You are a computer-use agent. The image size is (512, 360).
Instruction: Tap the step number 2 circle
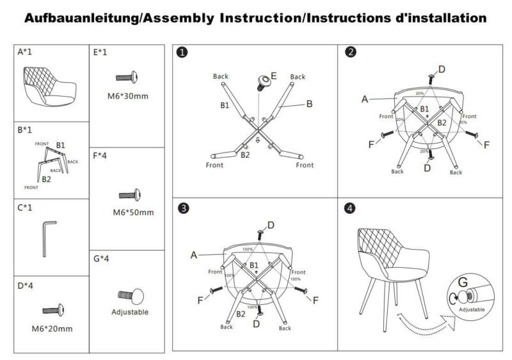tap(351, 53)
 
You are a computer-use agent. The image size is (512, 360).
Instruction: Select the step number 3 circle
tap(184, 209)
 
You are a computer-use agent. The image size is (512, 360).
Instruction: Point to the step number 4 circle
tap(349, 209)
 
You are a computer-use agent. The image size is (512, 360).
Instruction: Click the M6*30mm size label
tap(127, 97)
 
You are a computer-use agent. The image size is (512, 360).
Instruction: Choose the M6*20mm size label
tap(53, 329)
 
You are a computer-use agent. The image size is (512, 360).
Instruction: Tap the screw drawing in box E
tap(127, 78)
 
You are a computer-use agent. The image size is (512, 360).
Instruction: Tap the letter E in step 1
tap(273, 76)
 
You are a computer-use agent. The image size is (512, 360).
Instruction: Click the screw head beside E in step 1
tap(262, 81)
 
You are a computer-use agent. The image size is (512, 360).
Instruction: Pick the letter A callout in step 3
tap(193, 254)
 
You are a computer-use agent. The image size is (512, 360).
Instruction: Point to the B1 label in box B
tap(60, 145)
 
